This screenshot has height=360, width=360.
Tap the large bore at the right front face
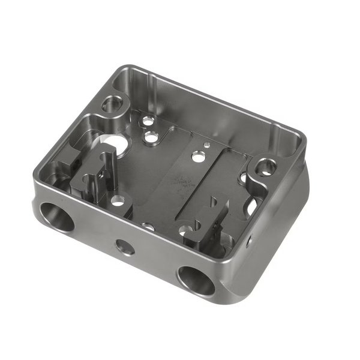tap(196, 280)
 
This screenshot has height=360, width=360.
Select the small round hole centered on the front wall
tap(124, 245)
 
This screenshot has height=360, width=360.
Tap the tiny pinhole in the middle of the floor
tap(206, 145)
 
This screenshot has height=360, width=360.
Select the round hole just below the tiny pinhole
tap(196, 157)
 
